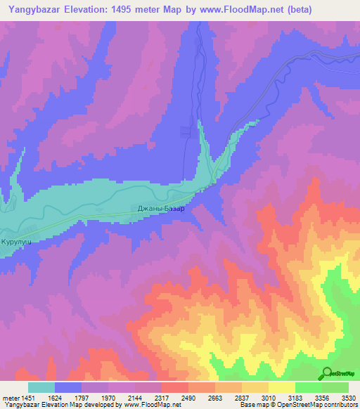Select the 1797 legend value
96,397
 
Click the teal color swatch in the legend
41,387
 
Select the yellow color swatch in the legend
282,387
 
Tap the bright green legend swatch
309,387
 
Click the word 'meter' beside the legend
12,397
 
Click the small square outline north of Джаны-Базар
186,130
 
